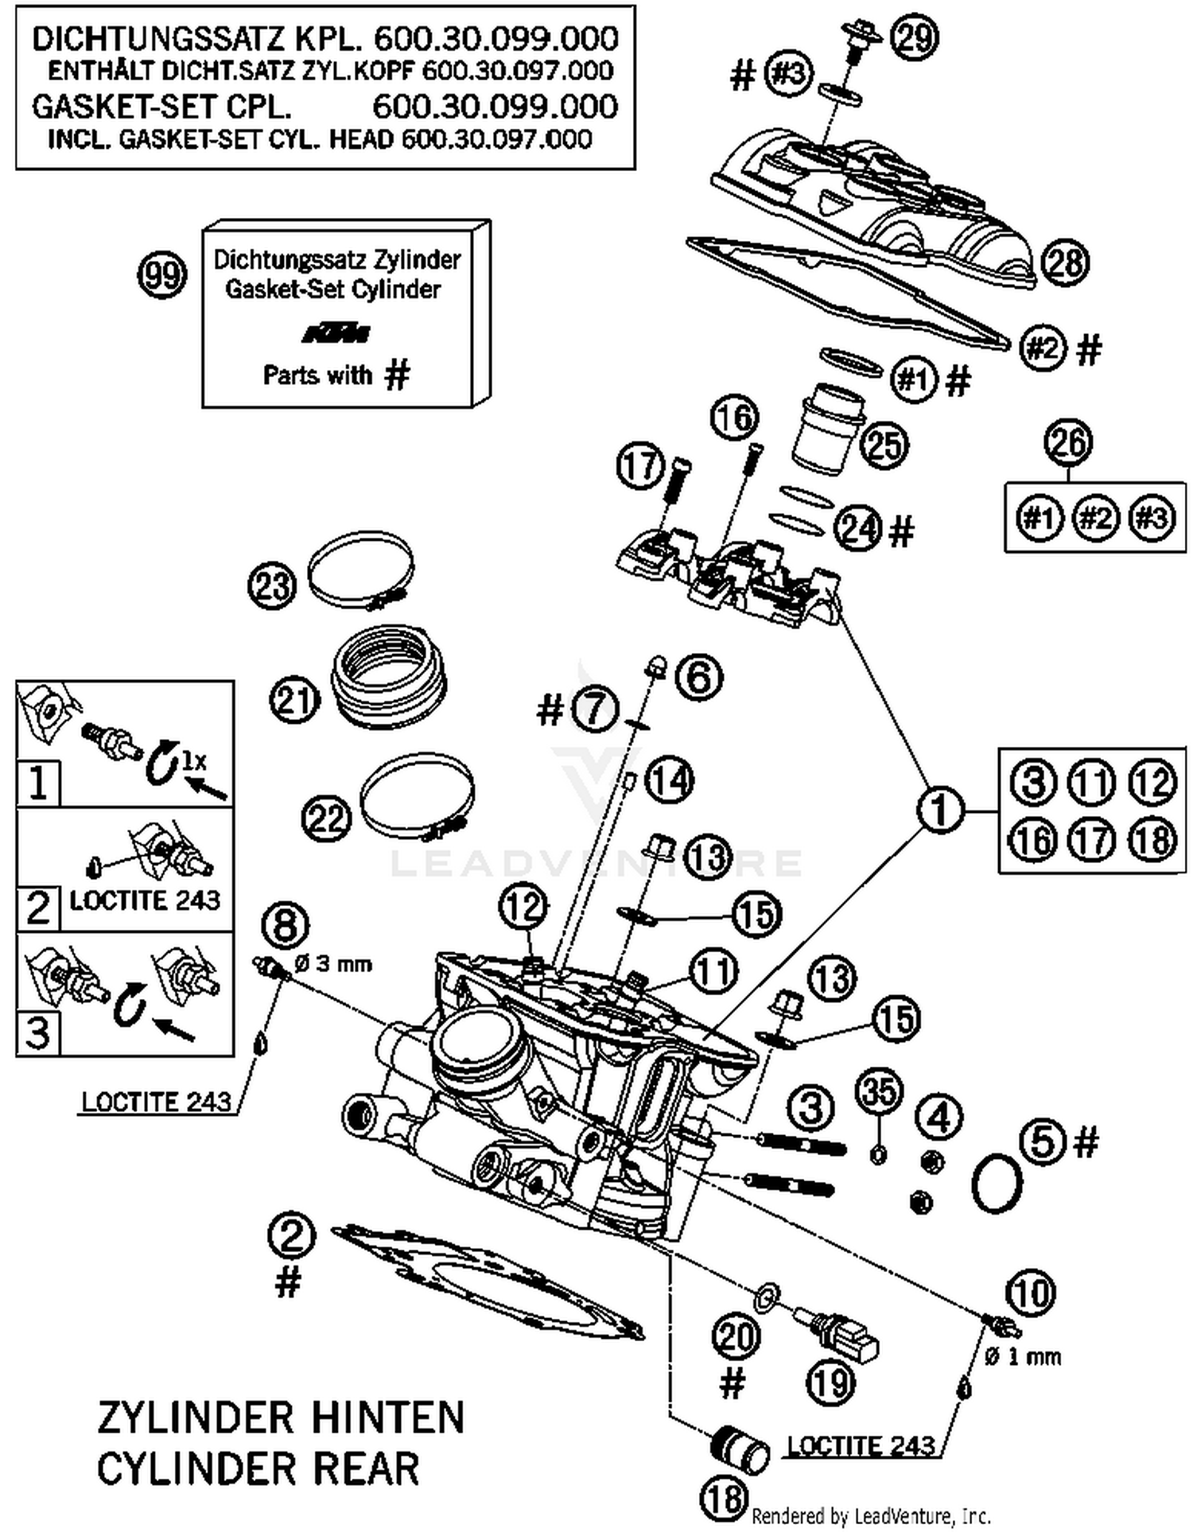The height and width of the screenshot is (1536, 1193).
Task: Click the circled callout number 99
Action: [x=162, y=276]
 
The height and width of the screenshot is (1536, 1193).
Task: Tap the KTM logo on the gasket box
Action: [x=336, y=332]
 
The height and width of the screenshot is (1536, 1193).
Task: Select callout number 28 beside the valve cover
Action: [x=1065, y=262]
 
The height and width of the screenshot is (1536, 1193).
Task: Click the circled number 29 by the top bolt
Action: [x=914, y=37]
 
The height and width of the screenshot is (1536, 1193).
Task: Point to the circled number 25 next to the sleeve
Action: [x=884, y=445]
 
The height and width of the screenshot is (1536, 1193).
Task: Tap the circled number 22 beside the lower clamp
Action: [x=326, y=819]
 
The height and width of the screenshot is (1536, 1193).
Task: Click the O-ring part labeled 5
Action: [x=997, y=1184]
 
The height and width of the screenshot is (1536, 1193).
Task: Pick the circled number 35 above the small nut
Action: [x=880, y=1092]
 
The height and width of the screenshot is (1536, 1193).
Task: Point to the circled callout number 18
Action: [x=725, y=1499]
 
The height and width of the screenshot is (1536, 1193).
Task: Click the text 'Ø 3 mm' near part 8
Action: [x=333, y=964]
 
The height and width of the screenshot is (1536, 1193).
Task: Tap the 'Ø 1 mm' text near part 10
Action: [x=1022, y=1356]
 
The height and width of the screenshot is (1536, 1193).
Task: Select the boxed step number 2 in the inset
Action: [x=37, y=908]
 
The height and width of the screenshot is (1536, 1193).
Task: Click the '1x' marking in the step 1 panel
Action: [x=193, y=761]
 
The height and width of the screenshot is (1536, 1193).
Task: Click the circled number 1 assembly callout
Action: [x=940, y=811]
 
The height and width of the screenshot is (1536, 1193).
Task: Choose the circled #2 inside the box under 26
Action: [x=1095, y=519]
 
